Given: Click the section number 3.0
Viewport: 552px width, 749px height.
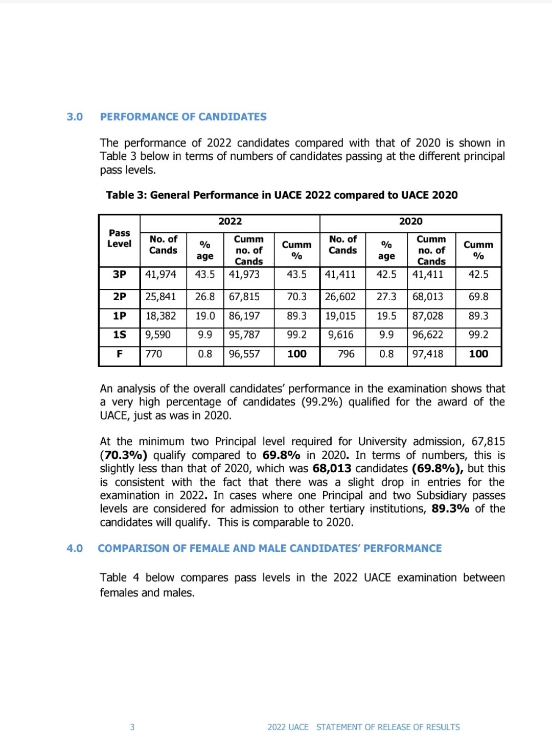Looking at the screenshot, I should point(75,117).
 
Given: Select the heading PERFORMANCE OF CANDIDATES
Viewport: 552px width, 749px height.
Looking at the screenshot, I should point(183,117).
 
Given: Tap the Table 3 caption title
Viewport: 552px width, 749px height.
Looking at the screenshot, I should point(282,195).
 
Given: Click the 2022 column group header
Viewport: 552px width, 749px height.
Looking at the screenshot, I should point(230,221).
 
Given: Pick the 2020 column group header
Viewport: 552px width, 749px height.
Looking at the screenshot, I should point(410,221).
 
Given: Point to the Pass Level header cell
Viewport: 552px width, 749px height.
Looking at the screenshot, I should point(119,238).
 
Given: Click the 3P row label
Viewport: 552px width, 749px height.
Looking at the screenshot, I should point(119,274).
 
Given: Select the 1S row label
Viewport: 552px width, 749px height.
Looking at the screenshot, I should point(119,335).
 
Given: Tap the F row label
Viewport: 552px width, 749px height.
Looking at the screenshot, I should point(119,354).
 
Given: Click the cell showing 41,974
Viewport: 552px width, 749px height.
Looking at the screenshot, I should point(160,274).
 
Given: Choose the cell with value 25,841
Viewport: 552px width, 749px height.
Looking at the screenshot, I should point(160,297).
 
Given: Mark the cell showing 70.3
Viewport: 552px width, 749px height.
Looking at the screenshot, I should point(296,297).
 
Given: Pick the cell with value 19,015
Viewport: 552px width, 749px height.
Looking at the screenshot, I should point(340,316).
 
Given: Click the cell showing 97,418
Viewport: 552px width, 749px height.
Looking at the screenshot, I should point(428,354).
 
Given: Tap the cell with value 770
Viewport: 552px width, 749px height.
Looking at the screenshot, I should point(153,354).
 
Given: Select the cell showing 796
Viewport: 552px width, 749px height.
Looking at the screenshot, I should point(346,354).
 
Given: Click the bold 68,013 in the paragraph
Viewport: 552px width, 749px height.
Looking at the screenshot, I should point(332,469).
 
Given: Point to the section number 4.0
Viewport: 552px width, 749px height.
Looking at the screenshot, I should point(75,548).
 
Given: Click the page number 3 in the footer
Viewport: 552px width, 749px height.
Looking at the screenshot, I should point(132,727).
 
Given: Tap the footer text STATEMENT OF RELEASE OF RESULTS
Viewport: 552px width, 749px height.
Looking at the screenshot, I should point(388,727).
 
